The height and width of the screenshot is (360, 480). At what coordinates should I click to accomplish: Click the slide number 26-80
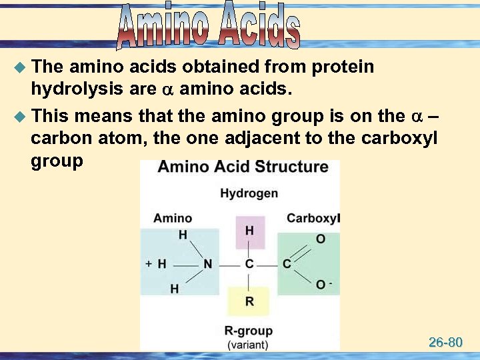tap(445, 343)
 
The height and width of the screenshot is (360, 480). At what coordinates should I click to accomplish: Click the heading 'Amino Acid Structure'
tap(243, 167)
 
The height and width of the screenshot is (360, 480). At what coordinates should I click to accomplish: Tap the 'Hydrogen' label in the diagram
tap(249, 193)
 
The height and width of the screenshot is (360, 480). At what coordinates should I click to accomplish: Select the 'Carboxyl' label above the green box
tap(313, 218)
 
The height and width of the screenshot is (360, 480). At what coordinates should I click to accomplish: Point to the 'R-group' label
tap(248, 331)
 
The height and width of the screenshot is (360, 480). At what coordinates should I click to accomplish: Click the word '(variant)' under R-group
tap(248, 345)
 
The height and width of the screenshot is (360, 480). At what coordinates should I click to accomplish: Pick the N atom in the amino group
tap(208, 264)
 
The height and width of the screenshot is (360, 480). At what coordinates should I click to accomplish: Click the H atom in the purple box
tap(249, 231)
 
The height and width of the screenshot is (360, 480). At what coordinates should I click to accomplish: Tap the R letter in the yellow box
tap(249, 301)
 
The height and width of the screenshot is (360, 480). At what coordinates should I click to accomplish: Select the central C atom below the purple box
tap(249, 264)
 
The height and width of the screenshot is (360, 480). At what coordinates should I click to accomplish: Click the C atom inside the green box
tap(287, 264)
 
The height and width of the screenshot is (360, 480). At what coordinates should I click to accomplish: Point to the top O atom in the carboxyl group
tap(321, 239)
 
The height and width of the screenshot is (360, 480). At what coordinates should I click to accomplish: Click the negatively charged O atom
tap(321, 285)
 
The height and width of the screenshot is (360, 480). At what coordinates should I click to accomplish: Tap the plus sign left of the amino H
tap(149, 263)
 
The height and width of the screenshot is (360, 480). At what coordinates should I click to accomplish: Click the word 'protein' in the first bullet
tap(343, 67)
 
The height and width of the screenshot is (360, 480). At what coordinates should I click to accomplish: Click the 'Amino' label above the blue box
tap(172, 218)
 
